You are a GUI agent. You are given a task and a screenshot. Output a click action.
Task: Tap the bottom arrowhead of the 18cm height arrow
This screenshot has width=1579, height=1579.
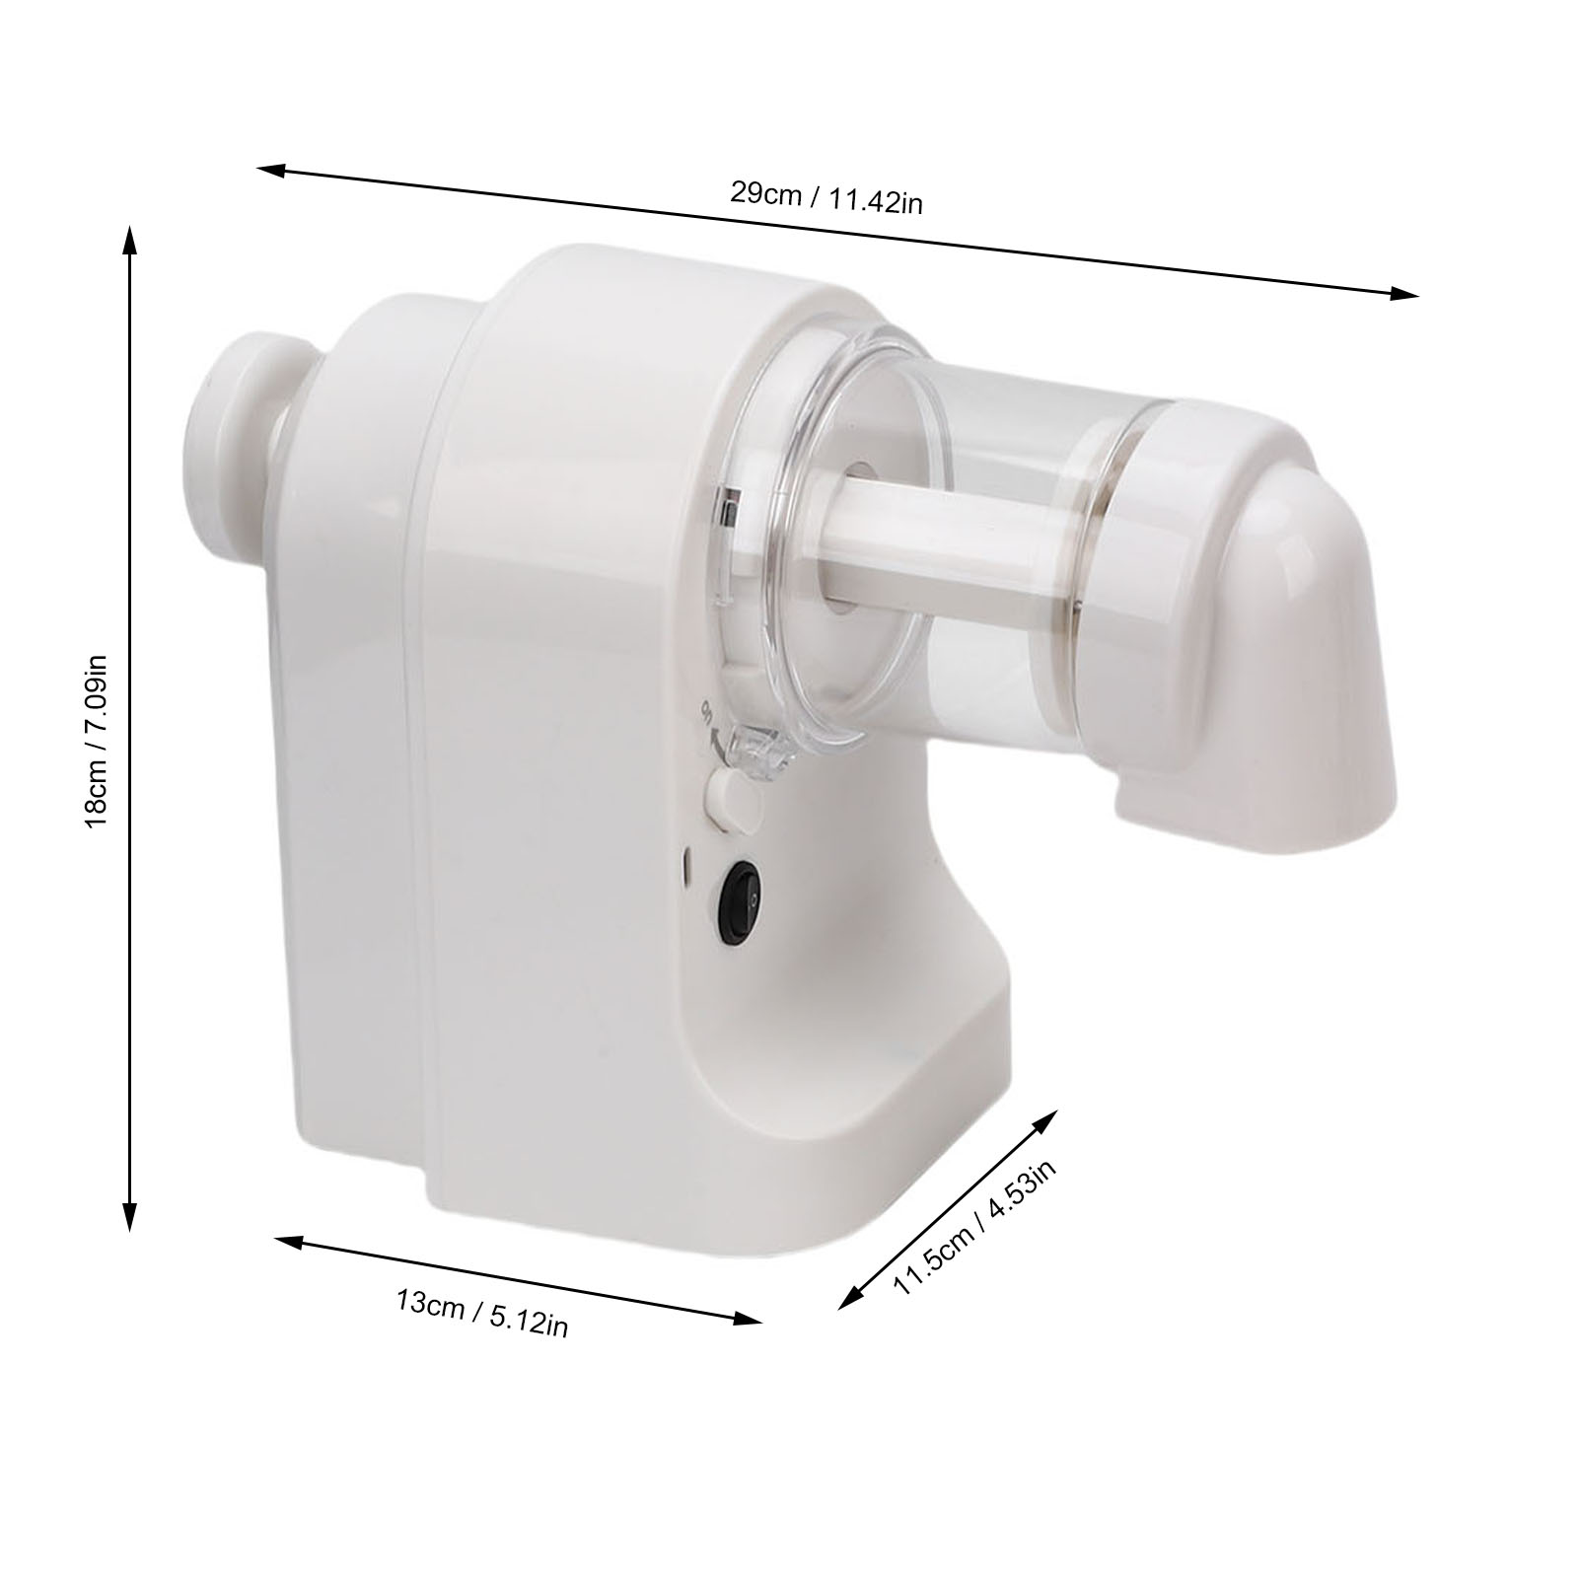click(128, 1217)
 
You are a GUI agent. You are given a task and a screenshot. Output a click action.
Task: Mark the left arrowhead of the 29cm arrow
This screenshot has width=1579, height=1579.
click(271, 170)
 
